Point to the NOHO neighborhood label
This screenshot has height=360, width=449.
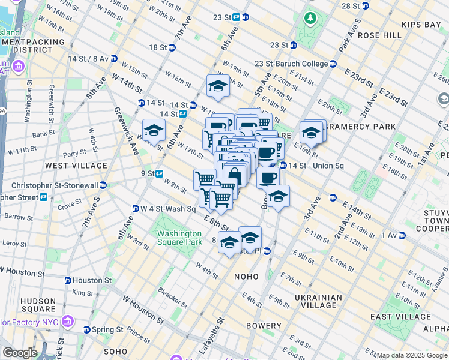246,277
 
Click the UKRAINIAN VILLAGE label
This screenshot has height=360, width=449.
313,301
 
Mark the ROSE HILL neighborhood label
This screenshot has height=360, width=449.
379,35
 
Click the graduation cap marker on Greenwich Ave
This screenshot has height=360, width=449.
154,129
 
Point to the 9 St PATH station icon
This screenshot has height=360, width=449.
160,173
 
